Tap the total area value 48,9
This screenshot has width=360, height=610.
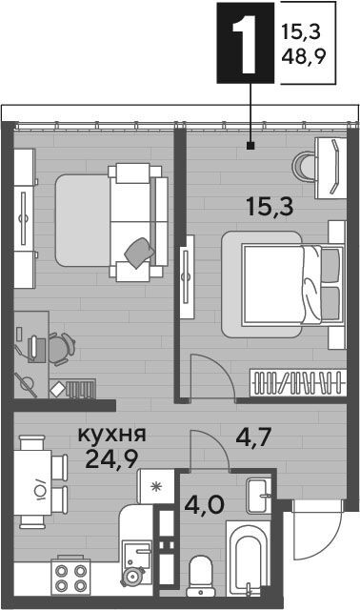coord(303,58)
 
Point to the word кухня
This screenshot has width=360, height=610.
coord(112,435)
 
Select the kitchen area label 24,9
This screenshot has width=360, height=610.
coord(111,459)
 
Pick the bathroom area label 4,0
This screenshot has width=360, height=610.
coord(204,505)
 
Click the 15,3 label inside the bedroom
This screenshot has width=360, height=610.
coord(270,207)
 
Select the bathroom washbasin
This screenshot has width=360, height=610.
coord(258,496)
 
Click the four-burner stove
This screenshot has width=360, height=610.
coord(70,577)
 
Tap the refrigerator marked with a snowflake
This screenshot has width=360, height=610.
coord(156,487)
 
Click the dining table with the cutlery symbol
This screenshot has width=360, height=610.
coord(32,482)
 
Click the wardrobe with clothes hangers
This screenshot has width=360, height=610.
coord(298,382)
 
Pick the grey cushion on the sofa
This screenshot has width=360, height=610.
coord(139,253)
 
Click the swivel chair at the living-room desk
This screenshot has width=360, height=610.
coord(61,349)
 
